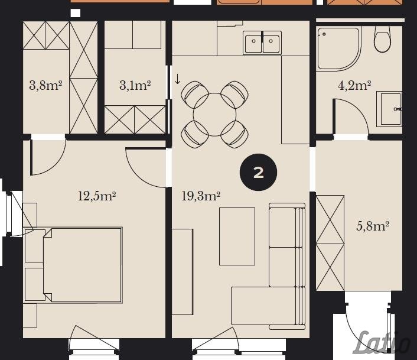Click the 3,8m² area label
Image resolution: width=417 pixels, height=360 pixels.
click(x=45, y=86)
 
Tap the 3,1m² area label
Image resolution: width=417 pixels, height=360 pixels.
click(x=135, y=86)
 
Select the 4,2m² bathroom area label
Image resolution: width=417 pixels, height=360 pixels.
click(x=354, y=86)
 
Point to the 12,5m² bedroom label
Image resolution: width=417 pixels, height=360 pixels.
click(x=96, y=196)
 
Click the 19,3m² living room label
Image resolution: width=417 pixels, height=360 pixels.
click(x=201, y=196)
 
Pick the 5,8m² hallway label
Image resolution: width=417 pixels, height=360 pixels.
click(x=373, y=226)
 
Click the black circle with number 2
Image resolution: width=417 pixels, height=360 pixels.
click(x=258, y=173)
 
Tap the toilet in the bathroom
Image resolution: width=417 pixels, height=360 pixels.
click(x=382, y=39)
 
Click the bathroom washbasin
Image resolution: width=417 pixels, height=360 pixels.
click(x=389, y=109)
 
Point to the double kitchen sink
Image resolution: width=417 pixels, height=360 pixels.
click(x=262, y=43)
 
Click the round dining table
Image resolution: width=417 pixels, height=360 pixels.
click(x=214, y=115)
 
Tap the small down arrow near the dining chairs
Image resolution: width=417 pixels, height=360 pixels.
click(x=177, y=79)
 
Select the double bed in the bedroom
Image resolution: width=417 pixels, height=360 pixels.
click(x=83, y=265)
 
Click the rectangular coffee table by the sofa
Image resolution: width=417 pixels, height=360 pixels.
click(x=237, y=236)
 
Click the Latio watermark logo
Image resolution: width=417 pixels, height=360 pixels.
click(x=383, y=343)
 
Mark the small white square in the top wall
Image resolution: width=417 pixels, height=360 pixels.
click(x=76, y=13)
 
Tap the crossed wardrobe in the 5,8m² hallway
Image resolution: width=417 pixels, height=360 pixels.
click(x=330, y=243)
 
